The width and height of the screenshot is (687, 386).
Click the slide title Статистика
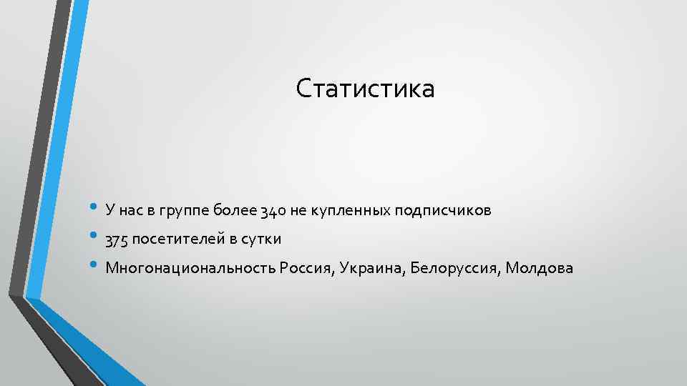365,89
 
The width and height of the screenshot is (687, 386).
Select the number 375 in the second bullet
116,239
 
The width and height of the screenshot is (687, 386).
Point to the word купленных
349,211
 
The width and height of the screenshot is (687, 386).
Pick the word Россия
308,268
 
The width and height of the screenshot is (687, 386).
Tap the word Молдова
539,268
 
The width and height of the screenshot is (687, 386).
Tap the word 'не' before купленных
298,211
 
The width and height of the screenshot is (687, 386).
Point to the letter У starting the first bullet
109,211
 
